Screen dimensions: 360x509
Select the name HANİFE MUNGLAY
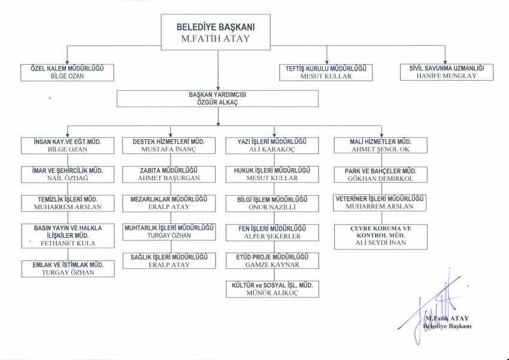[x=447, y=76]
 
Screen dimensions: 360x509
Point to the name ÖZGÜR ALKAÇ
[x=217, y=102]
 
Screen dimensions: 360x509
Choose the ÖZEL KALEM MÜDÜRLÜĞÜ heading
[x=67, y=68]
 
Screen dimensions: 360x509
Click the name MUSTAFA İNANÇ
[x=168, y=149]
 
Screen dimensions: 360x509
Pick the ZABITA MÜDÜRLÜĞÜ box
[x=168, y=174]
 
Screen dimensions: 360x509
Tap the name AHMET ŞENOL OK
[x=380, y=149]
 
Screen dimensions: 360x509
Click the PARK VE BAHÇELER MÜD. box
[x=380, y=174]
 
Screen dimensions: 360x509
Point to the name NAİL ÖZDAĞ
[x=67, y=178]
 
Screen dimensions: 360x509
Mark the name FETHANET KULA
[x=67, y=244]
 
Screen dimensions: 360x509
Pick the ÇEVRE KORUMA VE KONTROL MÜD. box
[x=380, y=235]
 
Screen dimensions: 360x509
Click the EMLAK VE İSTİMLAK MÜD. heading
[x=67, y=264]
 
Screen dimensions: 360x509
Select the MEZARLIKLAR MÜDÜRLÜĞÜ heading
[x=168, y=199]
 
